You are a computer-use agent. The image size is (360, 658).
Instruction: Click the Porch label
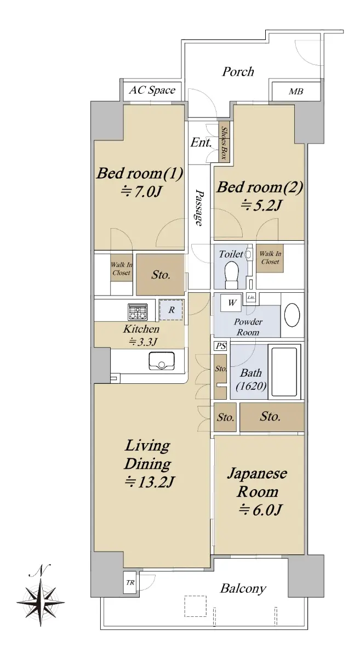coord(238,72)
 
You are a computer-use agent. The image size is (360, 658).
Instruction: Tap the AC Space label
coord(152,90)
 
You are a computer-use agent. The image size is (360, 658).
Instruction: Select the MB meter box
coord(296,92)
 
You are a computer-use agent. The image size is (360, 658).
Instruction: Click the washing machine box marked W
coord(232,302)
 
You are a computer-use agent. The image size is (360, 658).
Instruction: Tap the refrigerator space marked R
coord(171,310)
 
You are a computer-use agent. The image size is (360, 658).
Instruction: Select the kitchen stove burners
coord(138,312)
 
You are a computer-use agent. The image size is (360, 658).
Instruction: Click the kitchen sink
coord(162,361)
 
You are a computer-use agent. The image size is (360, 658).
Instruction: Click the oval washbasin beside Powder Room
coord(292,315)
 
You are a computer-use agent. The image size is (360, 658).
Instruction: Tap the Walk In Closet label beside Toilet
coord(270,258)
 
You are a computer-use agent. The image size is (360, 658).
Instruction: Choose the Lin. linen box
coord(251,297)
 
